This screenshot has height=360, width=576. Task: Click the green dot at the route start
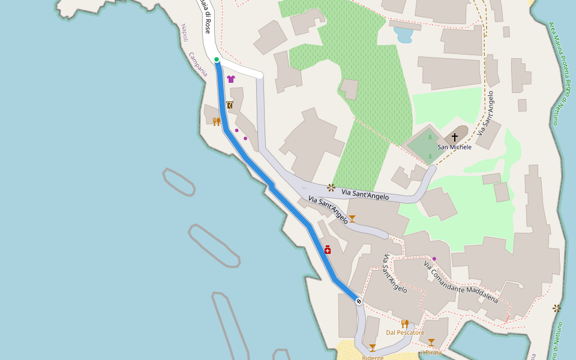coord(217,59)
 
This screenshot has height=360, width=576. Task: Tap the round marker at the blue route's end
coord(358,301)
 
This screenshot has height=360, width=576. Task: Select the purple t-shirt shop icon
coord(231,79)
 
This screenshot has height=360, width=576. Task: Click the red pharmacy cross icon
coord(328,250)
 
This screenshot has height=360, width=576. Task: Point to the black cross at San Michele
coord(454,137)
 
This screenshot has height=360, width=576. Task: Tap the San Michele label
coord(454,147)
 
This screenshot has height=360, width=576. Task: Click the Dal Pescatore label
coord(405,332)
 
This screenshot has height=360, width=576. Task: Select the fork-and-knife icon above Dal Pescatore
coord(404,324)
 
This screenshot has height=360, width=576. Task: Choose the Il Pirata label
coord(431,352)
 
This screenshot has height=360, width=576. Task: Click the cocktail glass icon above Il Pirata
coord(431,343)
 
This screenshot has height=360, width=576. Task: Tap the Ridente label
coord(373,358)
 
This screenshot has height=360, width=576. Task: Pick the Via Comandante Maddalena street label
coord(461,282)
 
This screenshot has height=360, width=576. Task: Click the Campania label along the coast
coord(198,64)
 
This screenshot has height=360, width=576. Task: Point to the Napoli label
coord(185,32)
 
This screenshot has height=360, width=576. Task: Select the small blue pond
coord(403,35)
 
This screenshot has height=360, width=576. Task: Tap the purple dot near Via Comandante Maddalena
coord(434,259)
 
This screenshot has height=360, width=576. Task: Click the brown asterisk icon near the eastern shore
coord(557,308)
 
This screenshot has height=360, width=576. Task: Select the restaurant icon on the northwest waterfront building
coord(217,122)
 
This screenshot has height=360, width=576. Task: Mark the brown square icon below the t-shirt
coord(230,105)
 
